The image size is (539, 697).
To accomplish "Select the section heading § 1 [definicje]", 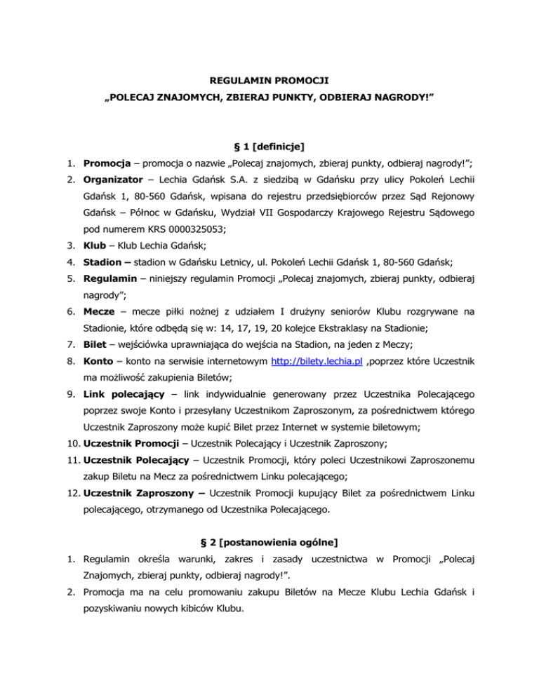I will coord(270,146).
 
